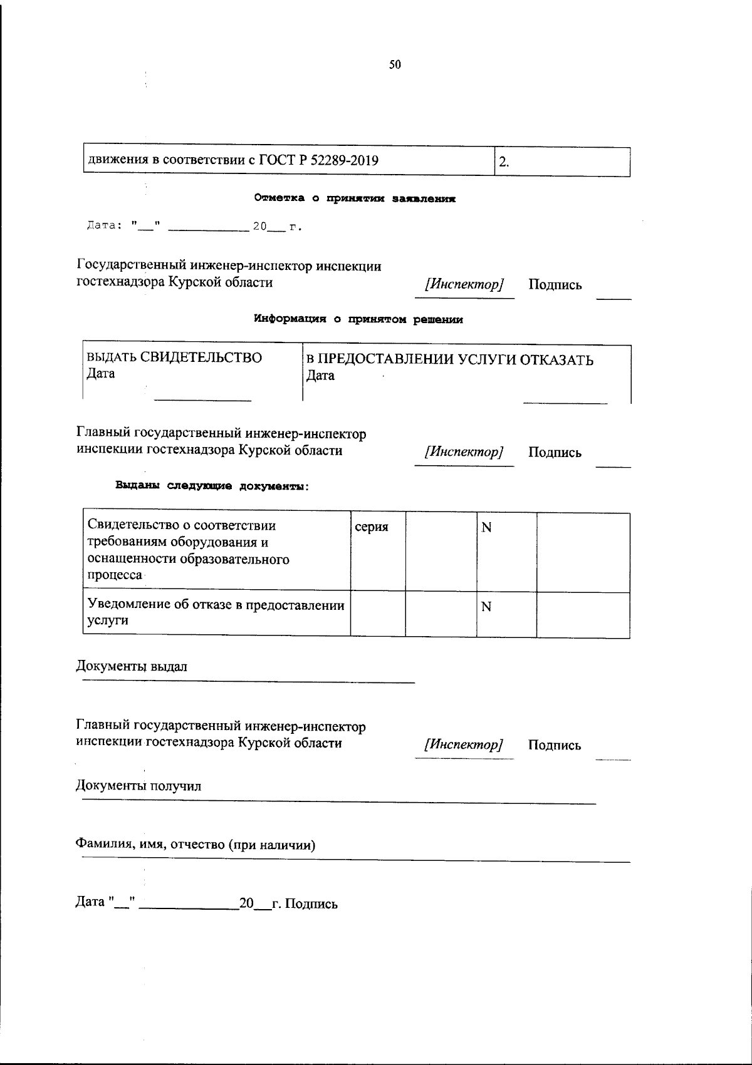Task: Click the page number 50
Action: click(395, 64)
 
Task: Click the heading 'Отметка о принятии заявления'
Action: click(355, 198)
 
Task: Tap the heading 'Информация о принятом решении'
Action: click(358, 319)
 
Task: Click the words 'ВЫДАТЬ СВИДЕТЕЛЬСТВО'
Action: click(174, 358)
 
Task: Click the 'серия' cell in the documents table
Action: click(372, 527)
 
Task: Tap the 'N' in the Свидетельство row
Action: click(486, 528)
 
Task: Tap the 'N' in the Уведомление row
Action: click(486, 607)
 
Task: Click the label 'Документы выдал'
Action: click(132, 666)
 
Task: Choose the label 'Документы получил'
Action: click(138, 785)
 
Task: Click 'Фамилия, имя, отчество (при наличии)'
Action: click(196, 845)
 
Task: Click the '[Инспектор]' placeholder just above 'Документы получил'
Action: click(464, 745)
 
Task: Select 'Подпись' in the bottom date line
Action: click(311, 903)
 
